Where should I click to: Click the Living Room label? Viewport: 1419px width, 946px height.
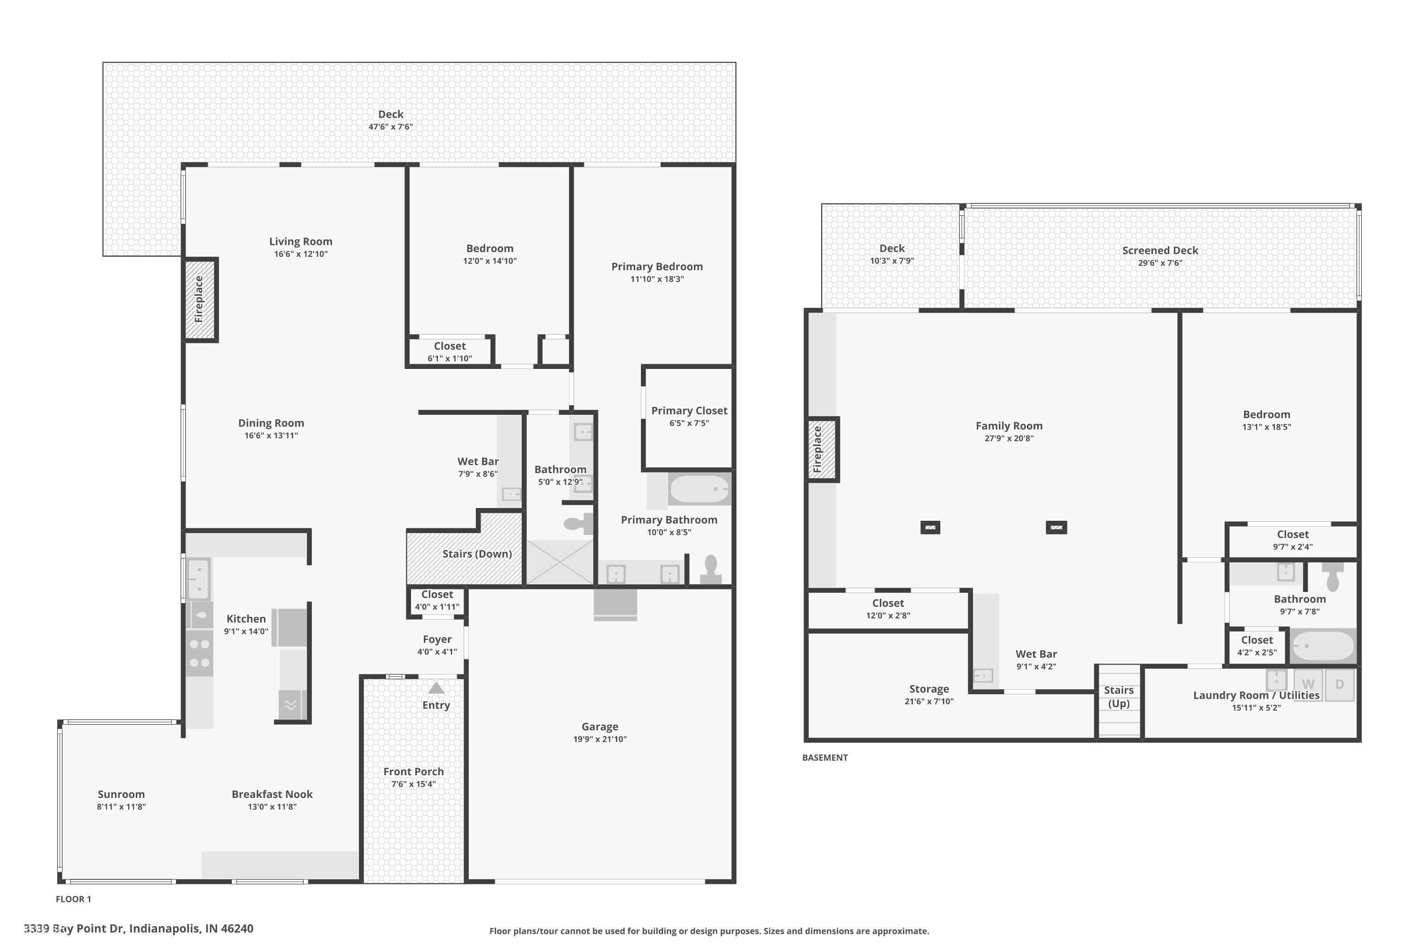[300, 241]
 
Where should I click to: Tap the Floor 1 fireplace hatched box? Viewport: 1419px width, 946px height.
[199, 299]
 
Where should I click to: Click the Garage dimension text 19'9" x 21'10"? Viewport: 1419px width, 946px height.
[600, 739]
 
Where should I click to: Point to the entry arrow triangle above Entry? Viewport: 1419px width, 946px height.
[436, 688]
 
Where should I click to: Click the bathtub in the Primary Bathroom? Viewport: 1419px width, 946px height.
[699, 489]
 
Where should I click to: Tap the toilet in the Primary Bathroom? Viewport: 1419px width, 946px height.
[711, 569]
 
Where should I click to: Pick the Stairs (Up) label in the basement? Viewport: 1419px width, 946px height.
[1119, 697]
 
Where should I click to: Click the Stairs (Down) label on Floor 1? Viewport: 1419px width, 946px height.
[477, 554]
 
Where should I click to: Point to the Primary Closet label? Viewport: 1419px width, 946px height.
[689, 411]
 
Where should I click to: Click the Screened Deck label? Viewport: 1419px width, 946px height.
[1160, 250]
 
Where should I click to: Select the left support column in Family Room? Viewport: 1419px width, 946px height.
[930, 528]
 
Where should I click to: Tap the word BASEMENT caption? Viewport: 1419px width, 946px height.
[825, 758]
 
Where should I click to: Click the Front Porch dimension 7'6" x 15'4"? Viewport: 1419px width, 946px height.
[413, 784]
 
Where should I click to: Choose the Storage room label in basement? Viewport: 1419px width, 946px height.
[928, 689]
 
